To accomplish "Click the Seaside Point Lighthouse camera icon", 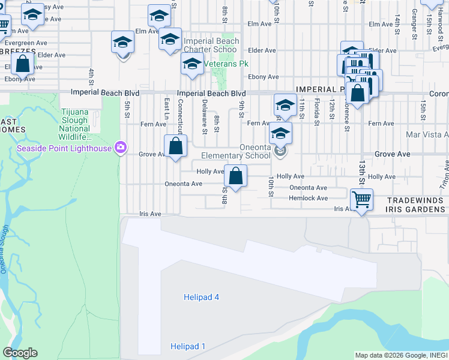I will (121, 148).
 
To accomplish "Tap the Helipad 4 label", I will (200, 297).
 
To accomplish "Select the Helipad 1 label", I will (187, 346).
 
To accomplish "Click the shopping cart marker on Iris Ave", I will (361, 199).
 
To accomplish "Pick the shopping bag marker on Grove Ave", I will (175, 146).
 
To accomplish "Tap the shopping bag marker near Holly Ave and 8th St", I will (235, 176).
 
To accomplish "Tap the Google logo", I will (20, 353).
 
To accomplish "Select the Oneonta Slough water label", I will (5, 249).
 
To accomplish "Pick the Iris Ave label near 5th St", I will (150, 214).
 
